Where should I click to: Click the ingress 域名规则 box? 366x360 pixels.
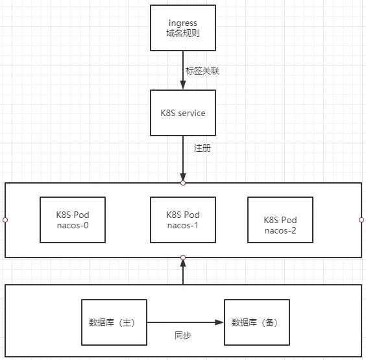(183, 28)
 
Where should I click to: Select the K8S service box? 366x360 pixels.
(183, 113)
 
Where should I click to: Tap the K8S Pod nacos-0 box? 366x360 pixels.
(73, 220)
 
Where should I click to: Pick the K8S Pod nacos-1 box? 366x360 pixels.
(183, 220)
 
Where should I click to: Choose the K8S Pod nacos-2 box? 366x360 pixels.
(280, 220)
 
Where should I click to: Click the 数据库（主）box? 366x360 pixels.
(114, 322)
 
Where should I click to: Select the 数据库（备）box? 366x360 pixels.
(257, 322)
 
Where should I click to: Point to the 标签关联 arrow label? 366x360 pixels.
(202, 71)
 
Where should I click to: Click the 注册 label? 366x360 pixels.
(202, 148)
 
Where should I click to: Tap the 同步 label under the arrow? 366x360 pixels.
(183, 335)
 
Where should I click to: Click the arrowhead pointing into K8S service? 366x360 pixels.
(183, 85)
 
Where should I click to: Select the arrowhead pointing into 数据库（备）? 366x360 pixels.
(219, 322)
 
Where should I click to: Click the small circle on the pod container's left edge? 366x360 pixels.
(5, 220)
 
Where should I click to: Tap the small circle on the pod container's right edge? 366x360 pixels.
(361, 220)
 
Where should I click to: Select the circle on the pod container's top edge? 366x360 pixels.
(183, 183)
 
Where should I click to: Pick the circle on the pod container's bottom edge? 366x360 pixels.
(183, 258)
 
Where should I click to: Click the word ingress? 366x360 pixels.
(183, 23)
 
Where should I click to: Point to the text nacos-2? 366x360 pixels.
(280, 230)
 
